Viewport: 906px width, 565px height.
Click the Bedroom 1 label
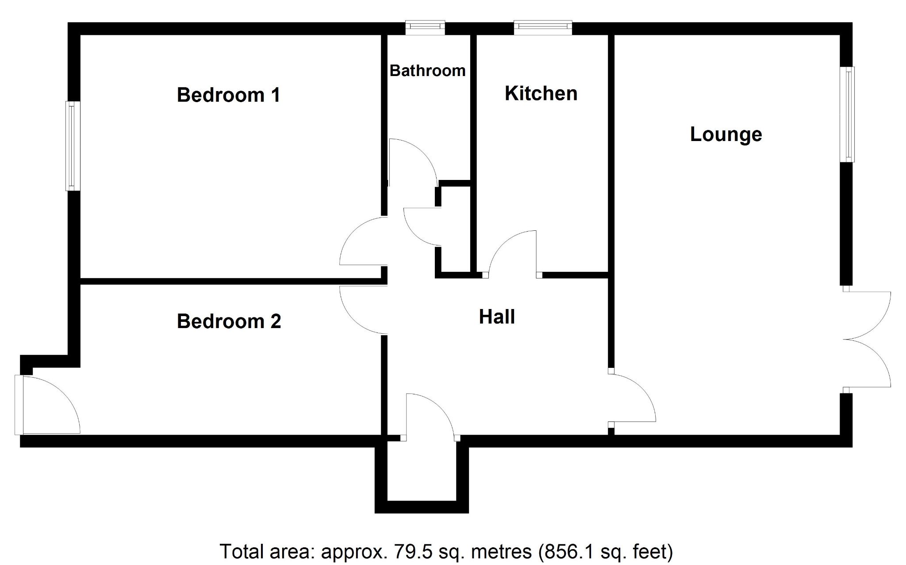click(x=228, y=95)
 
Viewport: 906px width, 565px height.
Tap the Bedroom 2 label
click(x=229, y=321)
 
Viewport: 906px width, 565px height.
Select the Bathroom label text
click(x=427, y=71)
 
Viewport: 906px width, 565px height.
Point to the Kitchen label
click(x=541, y=94)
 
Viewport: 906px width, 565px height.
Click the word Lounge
click(x=726, y=134)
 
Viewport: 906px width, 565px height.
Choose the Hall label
click(x=497, y=317)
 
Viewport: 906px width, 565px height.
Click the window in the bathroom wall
click(x=426, y=27)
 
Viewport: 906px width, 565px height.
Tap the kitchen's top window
click(x=543, y=27)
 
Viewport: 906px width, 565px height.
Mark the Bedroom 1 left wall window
click(x=73, y=146)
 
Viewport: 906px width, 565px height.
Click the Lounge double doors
click(x=867, y=340)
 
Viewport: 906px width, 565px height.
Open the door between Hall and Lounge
click(x=633, y=398)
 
